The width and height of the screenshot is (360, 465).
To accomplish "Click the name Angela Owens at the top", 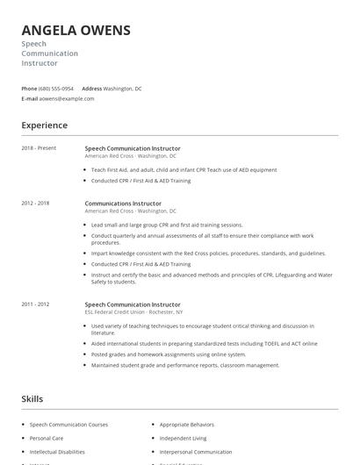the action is [x=76, y=31].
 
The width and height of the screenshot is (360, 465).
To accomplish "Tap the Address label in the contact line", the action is [x=91, y=89].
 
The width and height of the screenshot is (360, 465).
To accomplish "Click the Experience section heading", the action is [x=44, y=125].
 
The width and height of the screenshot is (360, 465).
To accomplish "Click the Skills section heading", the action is [x=32, y=399].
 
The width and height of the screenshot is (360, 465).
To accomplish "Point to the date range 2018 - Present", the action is [x=39, y=148].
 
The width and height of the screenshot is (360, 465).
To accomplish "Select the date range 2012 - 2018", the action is [x=35, y=204].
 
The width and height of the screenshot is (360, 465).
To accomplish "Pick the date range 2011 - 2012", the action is [x=35, y=304].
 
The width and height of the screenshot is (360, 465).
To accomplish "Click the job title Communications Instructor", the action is [x=123, y=204].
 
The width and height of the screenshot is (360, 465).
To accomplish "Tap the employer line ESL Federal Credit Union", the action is [x=132, y=312].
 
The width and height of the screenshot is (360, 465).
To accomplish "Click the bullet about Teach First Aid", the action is [x=184, y=169].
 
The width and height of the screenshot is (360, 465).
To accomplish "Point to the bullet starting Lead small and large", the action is [x=166, y=225].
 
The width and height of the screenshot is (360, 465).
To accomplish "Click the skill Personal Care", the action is [x=46, y=438].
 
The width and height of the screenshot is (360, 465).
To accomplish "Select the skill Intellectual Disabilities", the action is [x=57, y=452].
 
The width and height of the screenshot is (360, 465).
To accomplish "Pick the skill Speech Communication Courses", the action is [x=68, y=425].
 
